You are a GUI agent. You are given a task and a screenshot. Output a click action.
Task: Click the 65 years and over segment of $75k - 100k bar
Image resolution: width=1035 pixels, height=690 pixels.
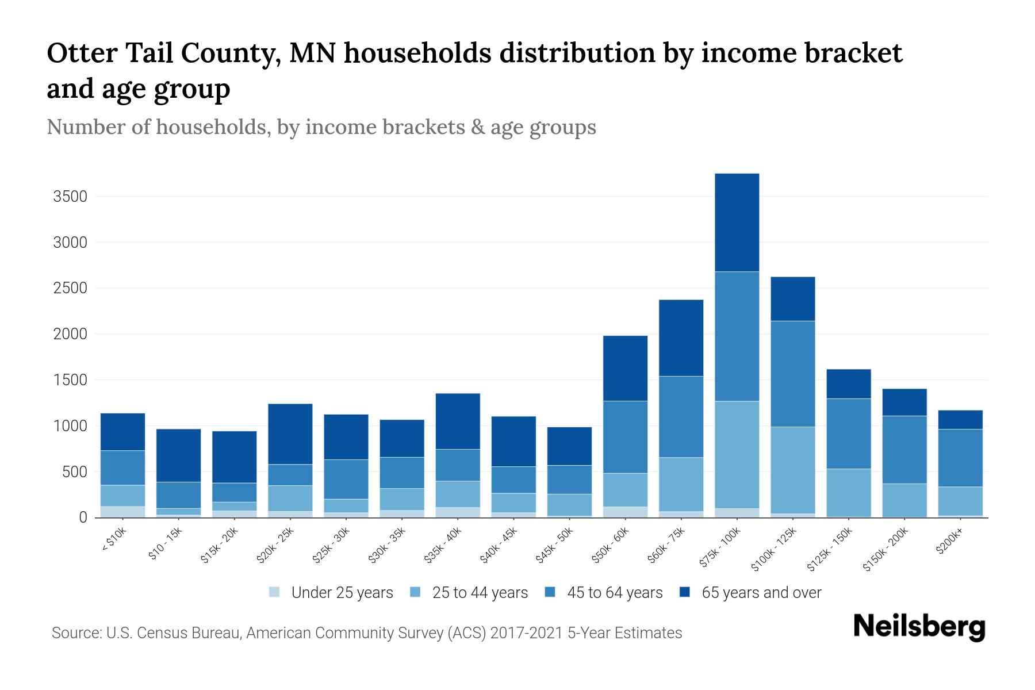tap(737, 223)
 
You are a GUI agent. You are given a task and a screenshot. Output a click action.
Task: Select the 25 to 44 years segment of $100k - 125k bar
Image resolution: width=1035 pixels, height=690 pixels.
tap(792, 470)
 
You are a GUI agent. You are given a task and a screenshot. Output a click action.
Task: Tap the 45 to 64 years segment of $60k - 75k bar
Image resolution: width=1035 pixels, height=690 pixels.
tap(681, 417)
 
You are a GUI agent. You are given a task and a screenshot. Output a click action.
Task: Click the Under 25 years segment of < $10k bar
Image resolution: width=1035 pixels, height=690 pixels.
tap(122, 512)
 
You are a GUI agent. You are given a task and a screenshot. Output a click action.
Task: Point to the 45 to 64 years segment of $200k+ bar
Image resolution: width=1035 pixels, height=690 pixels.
tap(960, 458)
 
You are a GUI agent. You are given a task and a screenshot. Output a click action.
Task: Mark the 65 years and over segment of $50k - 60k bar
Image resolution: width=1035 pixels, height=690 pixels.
tap(625, 368)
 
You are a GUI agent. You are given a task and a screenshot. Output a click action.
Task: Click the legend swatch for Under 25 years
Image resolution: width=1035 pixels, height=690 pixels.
tap(275, 592)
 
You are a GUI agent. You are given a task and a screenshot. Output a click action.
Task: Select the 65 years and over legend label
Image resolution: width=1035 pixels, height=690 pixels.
tap(761, 593)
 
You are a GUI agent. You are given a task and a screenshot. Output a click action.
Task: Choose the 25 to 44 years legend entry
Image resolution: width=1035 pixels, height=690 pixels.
tap(480, 593)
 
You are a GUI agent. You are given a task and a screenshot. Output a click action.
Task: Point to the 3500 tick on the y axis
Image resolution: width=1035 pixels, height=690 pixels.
tap(70, 197)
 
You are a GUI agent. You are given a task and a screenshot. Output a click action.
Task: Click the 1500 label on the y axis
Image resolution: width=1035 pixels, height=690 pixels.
tap(70, 380)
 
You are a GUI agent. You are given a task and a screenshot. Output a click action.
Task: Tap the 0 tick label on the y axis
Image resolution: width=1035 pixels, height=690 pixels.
tap(83, 517)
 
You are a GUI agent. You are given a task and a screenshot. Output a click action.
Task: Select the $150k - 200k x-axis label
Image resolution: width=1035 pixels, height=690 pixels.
tap(885, 549)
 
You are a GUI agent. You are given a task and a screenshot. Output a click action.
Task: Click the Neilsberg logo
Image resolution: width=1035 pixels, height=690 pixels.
tap(919, 627)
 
